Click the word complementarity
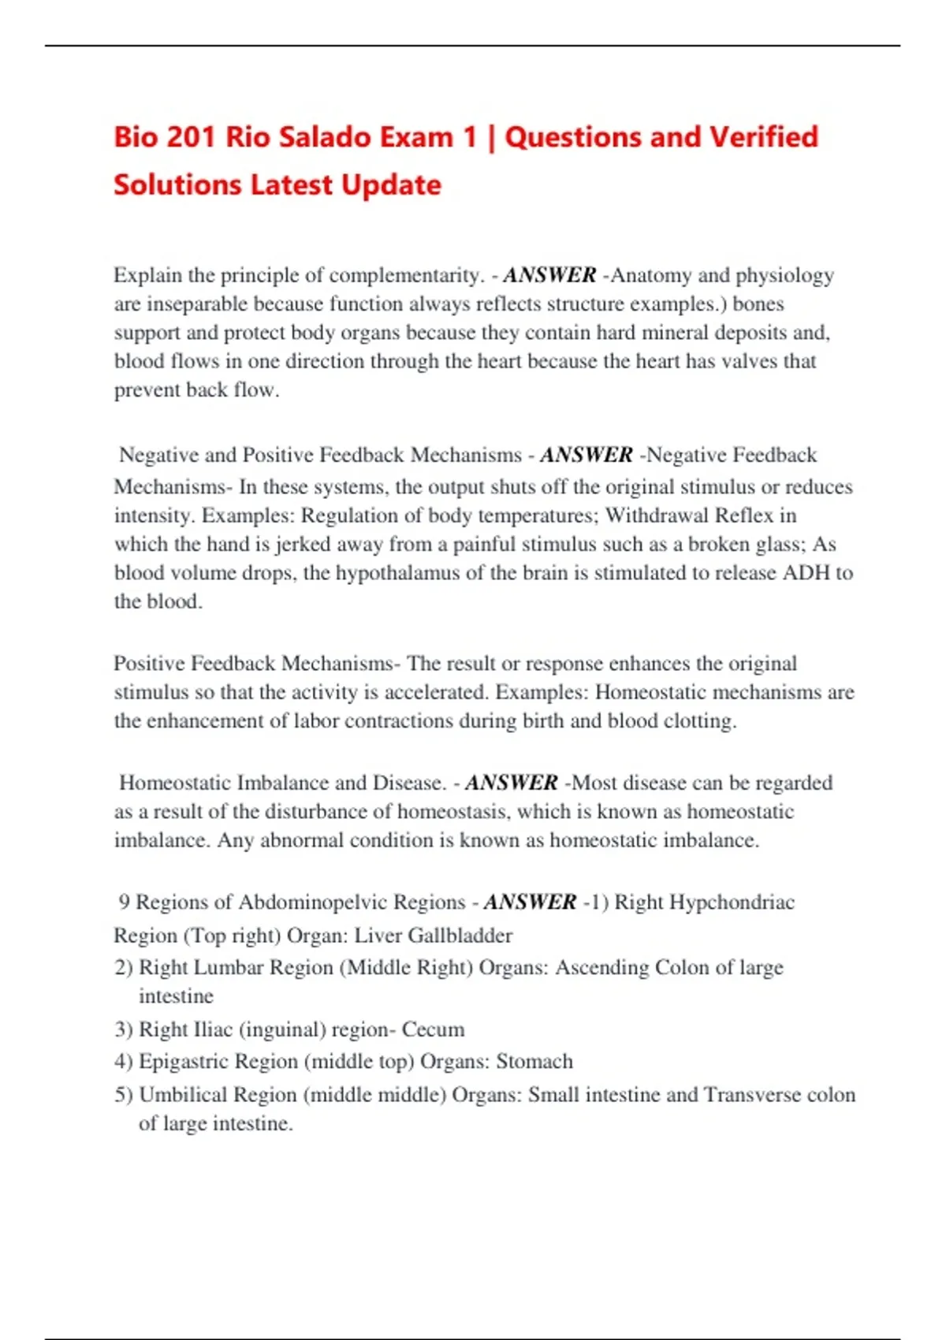click(404, 275)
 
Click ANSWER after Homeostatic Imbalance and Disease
click(512, 783)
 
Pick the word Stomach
click(534, 1062)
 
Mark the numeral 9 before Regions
click(125, 903)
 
